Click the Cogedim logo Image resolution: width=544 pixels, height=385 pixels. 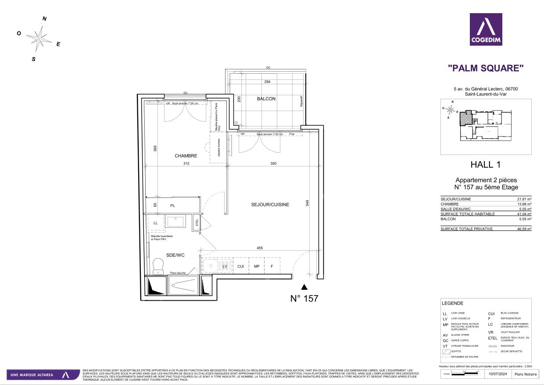point(486,29)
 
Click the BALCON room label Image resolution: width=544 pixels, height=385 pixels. point(266,99)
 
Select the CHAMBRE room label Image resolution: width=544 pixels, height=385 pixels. point(186,156)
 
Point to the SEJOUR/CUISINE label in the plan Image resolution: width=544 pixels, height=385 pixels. point(270,205)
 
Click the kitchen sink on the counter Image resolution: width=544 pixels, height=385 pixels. point(210,266)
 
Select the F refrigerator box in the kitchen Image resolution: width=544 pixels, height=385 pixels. point(272,266)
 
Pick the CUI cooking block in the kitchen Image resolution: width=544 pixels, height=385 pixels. point(240,266)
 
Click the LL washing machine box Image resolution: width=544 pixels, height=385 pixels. point(155,223)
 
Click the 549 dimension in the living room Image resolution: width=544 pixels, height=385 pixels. point(308,203)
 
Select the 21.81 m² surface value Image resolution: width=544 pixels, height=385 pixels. point(524,199)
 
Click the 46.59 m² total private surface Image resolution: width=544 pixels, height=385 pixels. point(524,229)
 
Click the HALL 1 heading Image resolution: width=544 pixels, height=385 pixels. point(485,165)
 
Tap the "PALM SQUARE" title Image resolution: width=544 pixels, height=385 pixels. point(486,68)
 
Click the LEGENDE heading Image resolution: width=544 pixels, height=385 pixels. point(453,303)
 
